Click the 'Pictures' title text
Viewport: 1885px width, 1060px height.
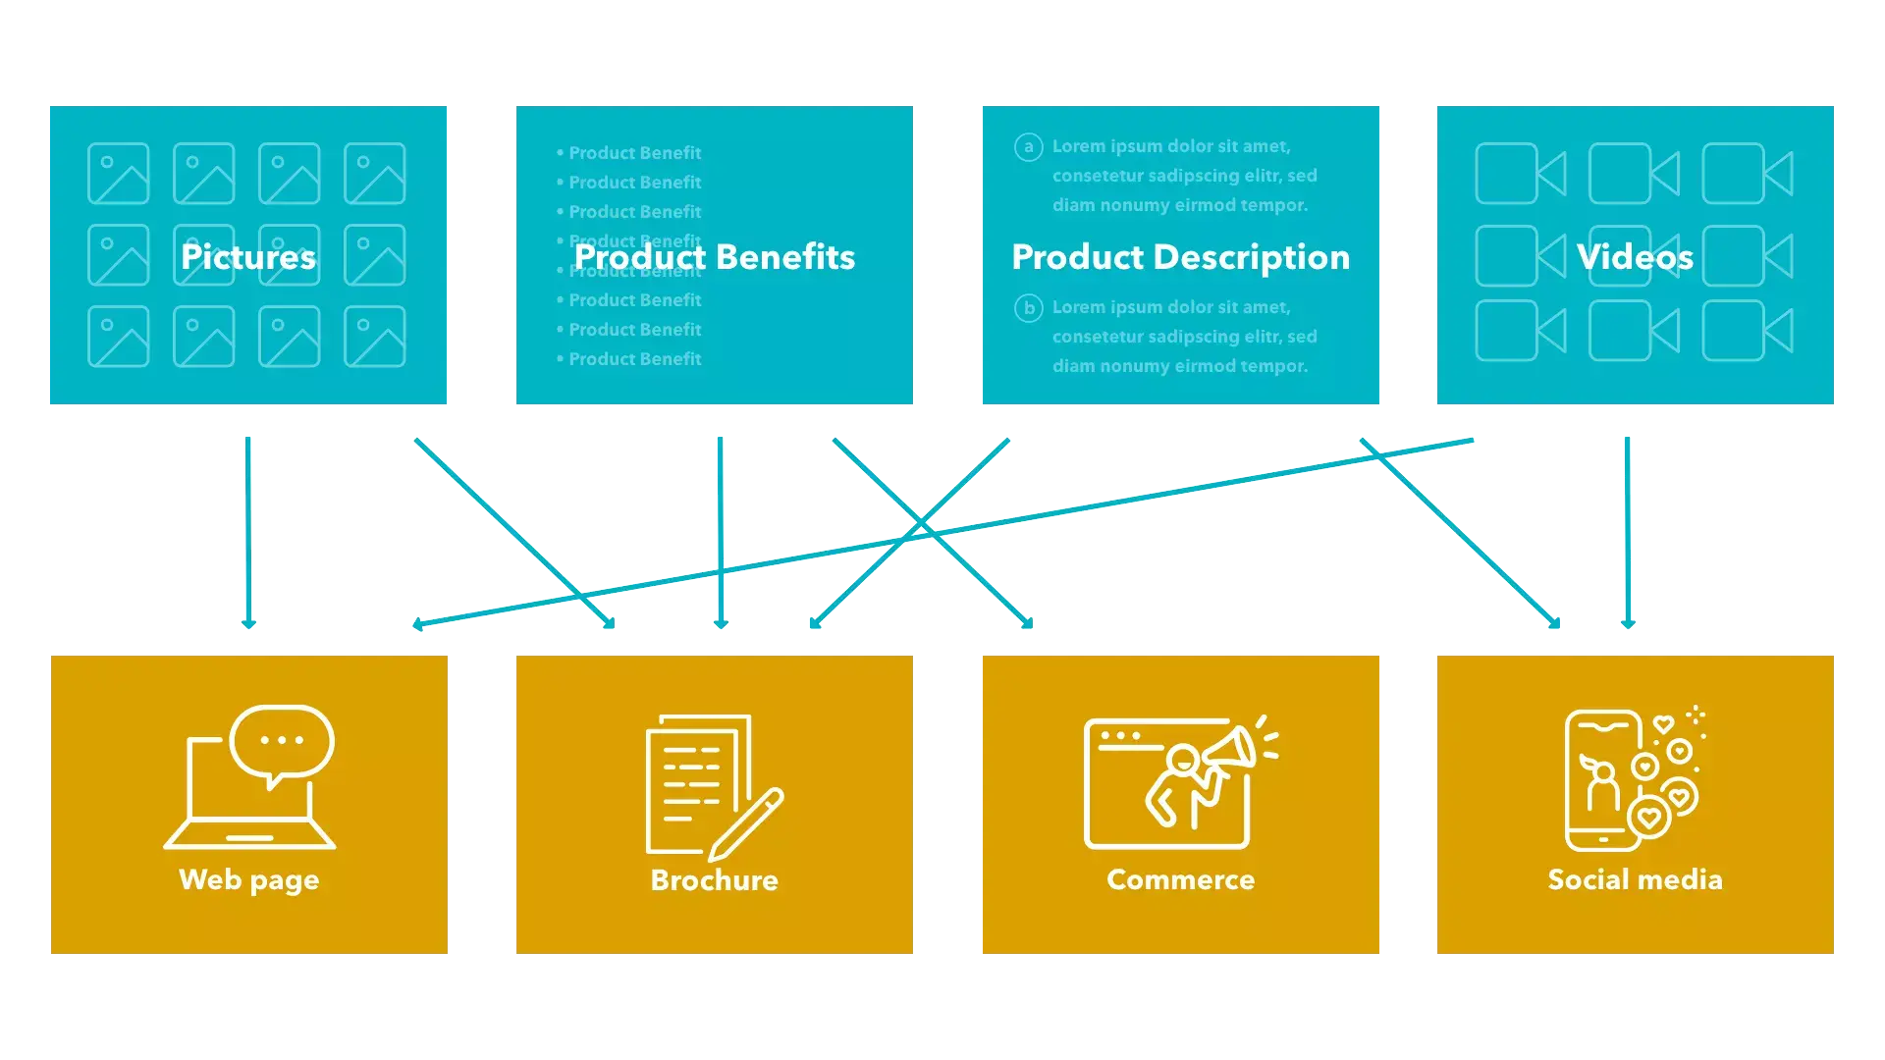click(x=248, y=257)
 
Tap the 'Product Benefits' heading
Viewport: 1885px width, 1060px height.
click(x=714, y=257)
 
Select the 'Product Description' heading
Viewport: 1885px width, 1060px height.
click(x=1180, y=257)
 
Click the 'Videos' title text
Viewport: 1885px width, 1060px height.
click(x=1635, y=257)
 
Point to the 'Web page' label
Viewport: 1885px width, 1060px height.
click(x=248, y=879)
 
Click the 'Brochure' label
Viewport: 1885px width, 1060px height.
click(x=714, y=879)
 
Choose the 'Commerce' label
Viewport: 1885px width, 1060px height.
click(x=1180, y=879)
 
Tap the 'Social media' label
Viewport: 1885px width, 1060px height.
click(x=1635, y=879)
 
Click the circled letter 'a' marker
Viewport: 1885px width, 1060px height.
click(x=1028, y=147)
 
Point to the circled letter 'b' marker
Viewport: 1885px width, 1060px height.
click(x=1028, y=308)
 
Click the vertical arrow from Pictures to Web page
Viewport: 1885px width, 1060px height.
click(x=247, y=530)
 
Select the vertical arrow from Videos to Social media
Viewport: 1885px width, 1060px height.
click(x=1627, y=530)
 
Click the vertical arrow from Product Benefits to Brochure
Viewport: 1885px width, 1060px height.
click(x=720, y=530)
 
